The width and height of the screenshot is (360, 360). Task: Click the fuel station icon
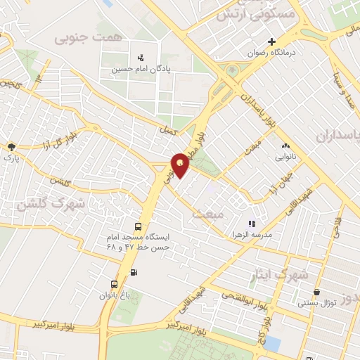pos(134,272)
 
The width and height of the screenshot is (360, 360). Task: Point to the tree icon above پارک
pos(11,147)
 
